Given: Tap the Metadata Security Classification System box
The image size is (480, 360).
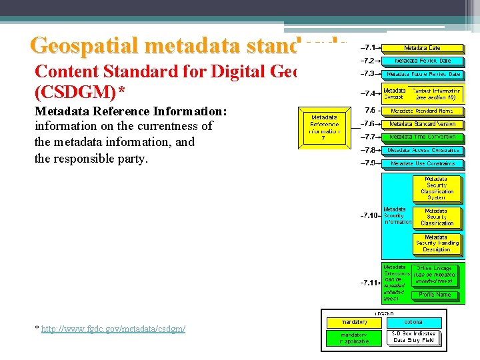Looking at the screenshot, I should point(437,188).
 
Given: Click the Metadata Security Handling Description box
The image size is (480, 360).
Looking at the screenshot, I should point(437,243).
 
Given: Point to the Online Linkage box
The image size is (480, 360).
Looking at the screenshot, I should point(435,274).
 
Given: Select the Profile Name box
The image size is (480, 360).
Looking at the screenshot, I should point(435,294).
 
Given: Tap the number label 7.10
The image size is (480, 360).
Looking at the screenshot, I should point(369,215).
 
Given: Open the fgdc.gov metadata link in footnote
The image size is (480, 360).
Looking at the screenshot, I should point(113,329).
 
